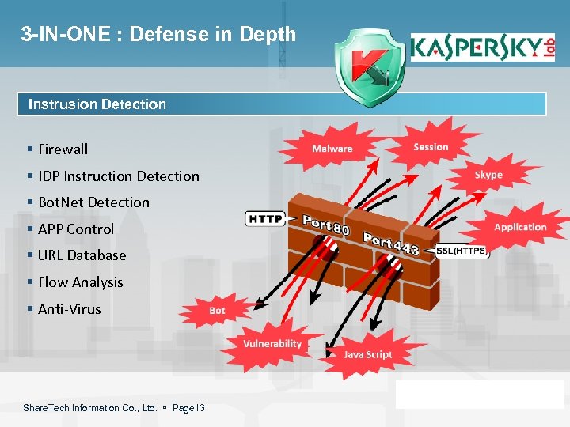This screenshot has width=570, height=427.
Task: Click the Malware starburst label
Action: pyautogui.click(x=332, y=149)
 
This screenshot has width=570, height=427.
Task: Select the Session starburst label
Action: pyautogui.click(x=431, y=147)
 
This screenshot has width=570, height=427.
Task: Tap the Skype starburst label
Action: pyautogui.click(x=488, y=175)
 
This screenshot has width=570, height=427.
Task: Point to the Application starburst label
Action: pyautogui.click(x=520, y=227)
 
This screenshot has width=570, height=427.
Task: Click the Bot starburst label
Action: pyautogui.click(x=217, y=311)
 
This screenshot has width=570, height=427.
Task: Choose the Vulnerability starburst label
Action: pyautogui.click(x=272, y=343)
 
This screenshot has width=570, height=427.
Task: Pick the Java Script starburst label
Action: pyautogui.click(x=367, y=354)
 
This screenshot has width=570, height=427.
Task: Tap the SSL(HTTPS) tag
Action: pyautogui.click(x=462, y=251)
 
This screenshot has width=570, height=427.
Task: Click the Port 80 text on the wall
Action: pyautogui.click(x=326, y=225)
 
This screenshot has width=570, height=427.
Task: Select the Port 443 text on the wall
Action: pyautogui.click(x=391, y=244)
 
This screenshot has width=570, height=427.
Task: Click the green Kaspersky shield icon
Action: pyautogui.click(x=367, y=67)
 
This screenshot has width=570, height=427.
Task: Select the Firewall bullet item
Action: pyautogui.click(x=63, y=149)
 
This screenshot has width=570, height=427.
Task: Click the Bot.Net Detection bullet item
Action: pyautogui.click(x=93, y=202)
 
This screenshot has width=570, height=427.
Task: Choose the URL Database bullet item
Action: pyautogui.click(x=82, y=255)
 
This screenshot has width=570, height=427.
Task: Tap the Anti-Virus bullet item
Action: pyautogui.click(x=69, y=308)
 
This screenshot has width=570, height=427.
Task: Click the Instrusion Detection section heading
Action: pyautogui.click(x=97, y=104)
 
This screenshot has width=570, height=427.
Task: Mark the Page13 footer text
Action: pyautogui.click(x=188, y=408)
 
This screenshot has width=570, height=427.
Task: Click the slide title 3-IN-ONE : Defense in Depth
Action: pyautogui.click(x=159, y=34)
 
